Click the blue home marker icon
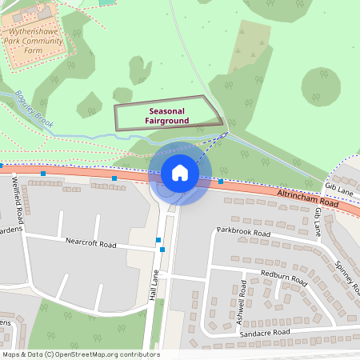tap(179, 172)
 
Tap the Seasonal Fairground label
tap(168, 116)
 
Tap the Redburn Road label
tap(284, 278)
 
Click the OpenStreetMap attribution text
tap(80, 354)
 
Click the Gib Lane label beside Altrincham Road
tap(338, 186)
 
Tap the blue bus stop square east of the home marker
tap(221, 181)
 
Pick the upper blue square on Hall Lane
tap(158, 239)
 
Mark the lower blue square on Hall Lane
tap(162, 250)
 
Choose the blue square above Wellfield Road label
tap(43, 173)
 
